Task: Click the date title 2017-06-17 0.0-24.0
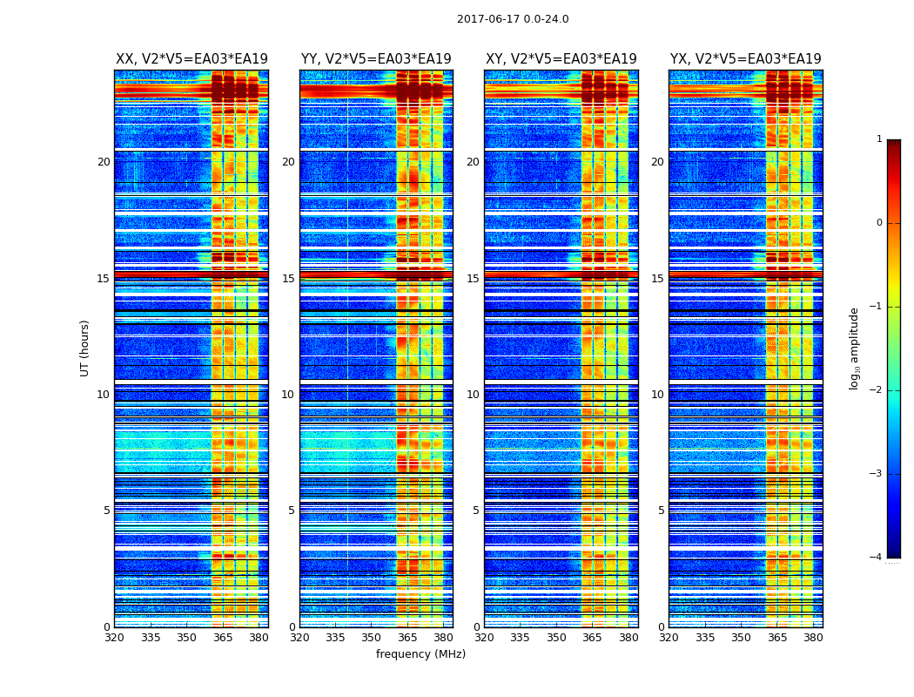(513, 19)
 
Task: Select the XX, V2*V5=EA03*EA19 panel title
(192, 59)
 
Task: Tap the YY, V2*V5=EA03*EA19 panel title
(376, 59)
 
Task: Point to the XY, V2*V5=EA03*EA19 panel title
(561, 59)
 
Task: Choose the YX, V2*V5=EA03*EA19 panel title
(746, 59)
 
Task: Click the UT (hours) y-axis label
(85, 348)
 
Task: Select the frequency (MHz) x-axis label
(420, 654)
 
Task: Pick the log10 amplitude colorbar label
(855, 348)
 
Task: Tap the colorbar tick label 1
(879, 139)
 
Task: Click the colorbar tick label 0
(879, 223)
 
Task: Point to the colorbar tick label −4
(877, 558)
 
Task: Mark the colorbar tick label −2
(877, 390)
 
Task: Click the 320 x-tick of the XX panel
(114, 639)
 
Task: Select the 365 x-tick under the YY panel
(407, 639)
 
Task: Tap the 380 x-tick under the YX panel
(813, 639)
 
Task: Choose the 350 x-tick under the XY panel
(556, 639)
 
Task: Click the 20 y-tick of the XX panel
(104, 162)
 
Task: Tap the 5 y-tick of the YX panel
(661, 511)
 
